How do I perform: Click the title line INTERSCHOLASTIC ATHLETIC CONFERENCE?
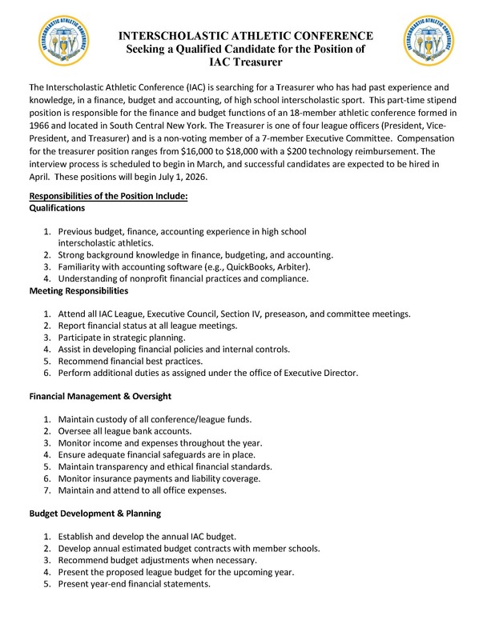tap(247, 35)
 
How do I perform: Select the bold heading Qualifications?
tap(57, 207)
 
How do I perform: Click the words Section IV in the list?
tap(237, 314)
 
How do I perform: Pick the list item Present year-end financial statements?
tap(134, 583)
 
